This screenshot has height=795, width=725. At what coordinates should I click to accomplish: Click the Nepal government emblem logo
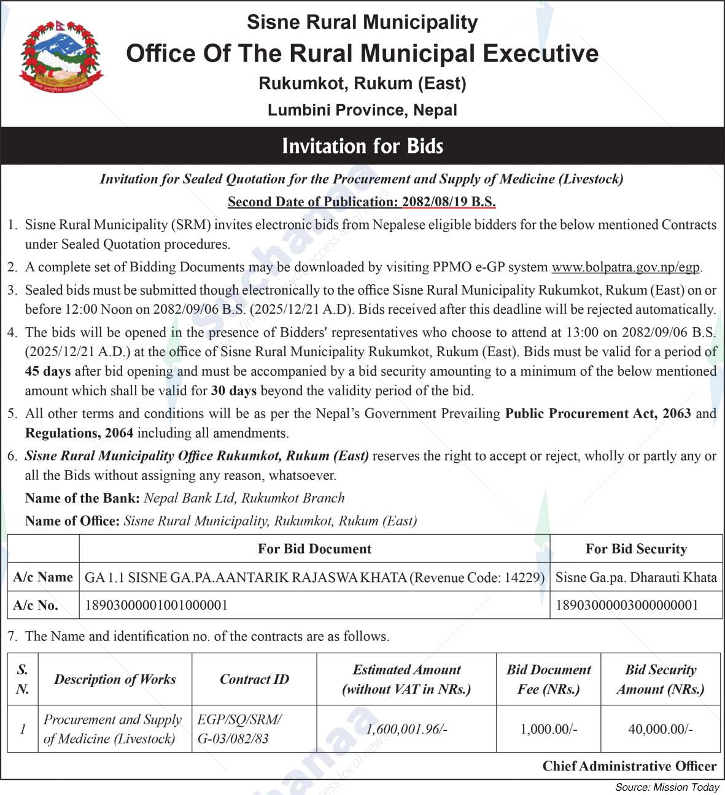click(61, 56)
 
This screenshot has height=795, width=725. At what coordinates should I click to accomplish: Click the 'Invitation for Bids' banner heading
click(362, 146)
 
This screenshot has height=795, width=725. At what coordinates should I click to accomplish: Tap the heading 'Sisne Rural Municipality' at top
click(362, 22)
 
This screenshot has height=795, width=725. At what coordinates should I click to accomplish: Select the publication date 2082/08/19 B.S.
click(449, 202)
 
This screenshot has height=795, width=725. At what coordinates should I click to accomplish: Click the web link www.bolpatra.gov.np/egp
click(626, 267)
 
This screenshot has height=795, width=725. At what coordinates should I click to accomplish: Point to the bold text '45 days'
click(48, 371)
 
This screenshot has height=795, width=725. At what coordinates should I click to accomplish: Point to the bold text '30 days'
click(234, 391)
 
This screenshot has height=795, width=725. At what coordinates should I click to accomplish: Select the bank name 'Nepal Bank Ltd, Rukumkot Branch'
click(244, 498)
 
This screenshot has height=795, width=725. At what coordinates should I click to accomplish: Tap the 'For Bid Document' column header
click(314, 549)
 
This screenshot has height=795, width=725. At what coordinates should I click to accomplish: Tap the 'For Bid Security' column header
click(636, 549)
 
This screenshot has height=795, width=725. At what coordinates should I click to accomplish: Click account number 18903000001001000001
click(156, 605)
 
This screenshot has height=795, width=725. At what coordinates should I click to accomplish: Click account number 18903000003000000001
click(627, 605)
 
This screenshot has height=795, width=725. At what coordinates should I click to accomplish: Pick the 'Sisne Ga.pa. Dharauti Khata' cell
click(636, 577)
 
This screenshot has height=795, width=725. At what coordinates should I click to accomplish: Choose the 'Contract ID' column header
click(254, 679)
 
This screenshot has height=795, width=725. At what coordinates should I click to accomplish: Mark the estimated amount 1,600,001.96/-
click(406, 729)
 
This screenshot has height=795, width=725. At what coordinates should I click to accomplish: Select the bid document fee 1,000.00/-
click(549, 729)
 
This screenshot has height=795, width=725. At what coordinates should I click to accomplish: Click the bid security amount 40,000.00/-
click(661, 729)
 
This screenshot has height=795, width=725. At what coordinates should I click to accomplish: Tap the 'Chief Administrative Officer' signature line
click(629, 766)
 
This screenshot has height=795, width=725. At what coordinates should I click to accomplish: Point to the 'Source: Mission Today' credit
click(667, 787)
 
